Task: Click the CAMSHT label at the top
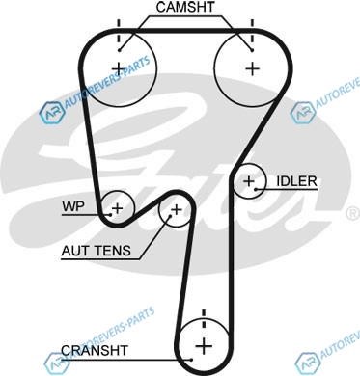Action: [x=185, y=7]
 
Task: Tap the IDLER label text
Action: [x=296, y=181]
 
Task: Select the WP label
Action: [x=73, y=206]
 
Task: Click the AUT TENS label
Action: [x=97, y=251]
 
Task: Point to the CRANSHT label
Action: [x=95, y=350]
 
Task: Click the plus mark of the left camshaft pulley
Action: [x=119, y=68]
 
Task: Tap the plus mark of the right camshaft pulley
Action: [x=253, y=68]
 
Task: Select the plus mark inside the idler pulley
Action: [x=249, y=181]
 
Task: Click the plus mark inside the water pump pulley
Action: [x=117, y=208]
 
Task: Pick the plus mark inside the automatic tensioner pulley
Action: [x=176, y=210]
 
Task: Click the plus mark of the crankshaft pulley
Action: [x=204, y=346]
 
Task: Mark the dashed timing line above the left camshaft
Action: [x=119, y=31]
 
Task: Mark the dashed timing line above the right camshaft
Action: [x=252, y=31]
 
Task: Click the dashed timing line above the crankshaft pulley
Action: [x=204, y=319]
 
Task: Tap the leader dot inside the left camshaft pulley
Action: [x=119, y=50]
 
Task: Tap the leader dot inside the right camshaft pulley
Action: [x=252, y=50]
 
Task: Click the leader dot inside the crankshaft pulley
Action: [x=191, y=360]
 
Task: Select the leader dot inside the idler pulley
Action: [x=256, y=189]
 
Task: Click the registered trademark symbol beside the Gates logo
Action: [x=354, y=214]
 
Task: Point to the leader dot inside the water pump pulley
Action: [x=110, y=214]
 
